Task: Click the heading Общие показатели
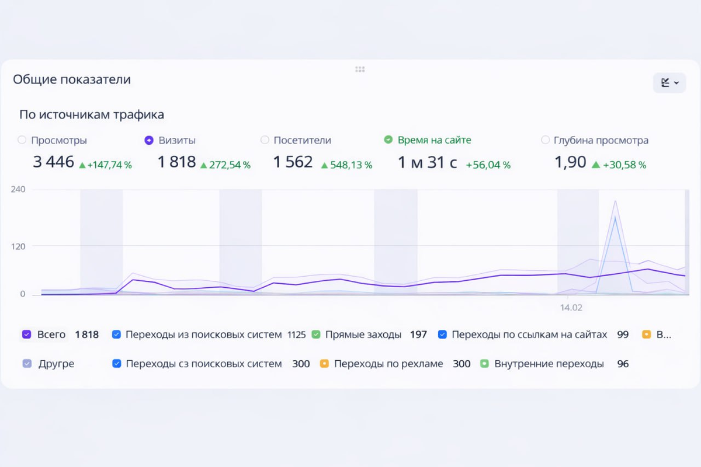(x=72, y=79)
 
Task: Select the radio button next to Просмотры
(x=22, y=140)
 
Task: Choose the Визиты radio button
(x=149, y=140)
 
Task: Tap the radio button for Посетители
(x=265, y=140)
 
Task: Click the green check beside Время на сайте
(x=388, y=140)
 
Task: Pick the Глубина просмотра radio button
(x=546, y=140)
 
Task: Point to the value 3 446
(x=54, y=162)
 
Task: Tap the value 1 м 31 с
(x=427, y=162)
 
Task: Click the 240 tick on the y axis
(x=18, y=189)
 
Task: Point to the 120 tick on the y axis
(x=18, y=246)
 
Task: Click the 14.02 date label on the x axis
(x=571, y=307)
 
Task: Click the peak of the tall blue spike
(x=615, y=218)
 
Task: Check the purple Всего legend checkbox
(x=26, y=334)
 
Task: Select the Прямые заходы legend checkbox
(x=316, y=334)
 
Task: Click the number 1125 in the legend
(x=296, y=335)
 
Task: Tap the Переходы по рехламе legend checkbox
(x=324, y=364)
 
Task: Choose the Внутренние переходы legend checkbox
(x=484, y=364)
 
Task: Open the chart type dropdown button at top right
(x=669, y=83)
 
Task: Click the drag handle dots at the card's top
(x=360, y=69)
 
